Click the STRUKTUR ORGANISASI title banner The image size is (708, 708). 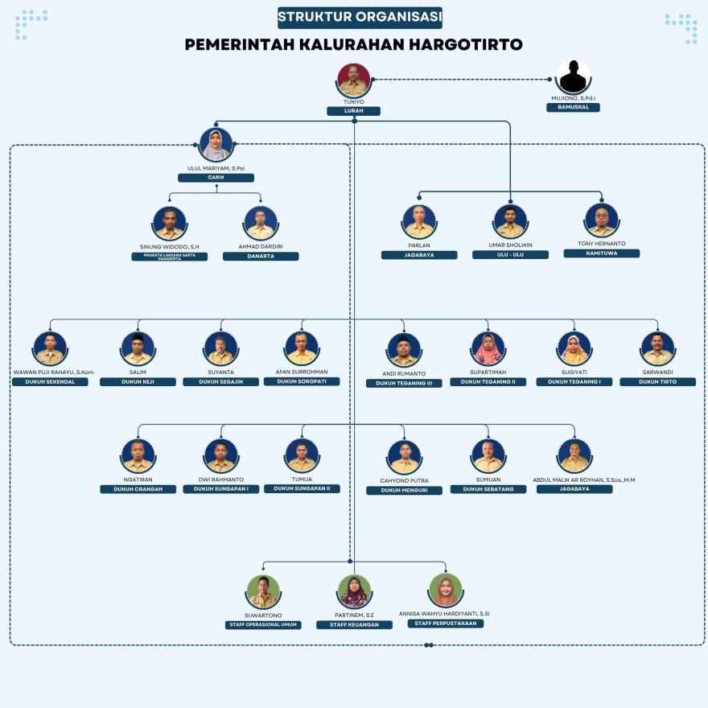pos(360,17)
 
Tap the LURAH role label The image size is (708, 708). pos(353,111)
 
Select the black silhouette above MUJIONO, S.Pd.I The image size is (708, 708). pos(573,77)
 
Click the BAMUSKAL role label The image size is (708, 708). pos(573,107)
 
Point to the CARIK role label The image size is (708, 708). pos(216,178)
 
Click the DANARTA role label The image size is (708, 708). pos(261,257)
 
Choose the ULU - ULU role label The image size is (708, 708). pos(510,254)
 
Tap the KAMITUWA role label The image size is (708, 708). pos(601,253)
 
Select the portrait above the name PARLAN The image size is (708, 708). pos(419,221)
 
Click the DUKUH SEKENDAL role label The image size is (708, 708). pos(50,381)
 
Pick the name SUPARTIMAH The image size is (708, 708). pos(488,373)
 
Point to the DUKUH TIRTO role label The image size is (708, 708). pos(657,381)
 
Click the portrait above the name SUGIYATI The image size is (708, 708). pos(574,349)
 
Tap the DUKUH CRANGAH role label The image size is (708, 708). pos(138,489)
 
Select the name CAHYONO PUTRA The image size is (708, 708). pos(404,481)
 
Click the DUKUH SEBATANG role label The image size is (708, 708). pos(488,489)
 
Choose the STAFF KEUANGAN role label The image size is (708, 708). pos(354,624)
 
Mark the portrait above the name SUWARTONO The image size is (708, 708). pos(263,591)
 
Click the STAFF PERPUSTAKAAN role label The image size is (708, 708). pos(445,624)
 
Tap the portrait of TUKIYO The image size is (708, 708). pos(354,80)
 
